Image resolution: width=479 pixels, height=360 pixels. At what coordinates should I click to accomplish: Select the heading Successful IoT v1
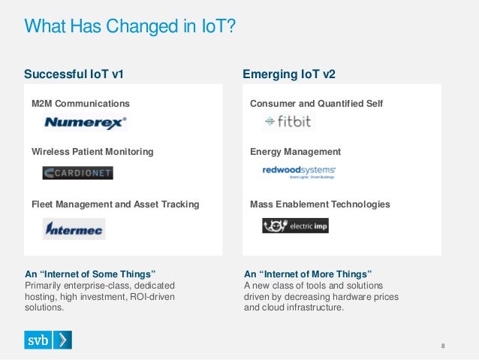point(74,74)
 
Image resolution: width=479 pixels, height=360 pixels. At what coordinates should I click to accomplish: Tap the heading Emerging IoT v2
point(289,74)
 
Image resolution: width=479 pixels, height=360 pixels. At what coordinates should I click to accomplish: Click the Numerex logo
point(86,122)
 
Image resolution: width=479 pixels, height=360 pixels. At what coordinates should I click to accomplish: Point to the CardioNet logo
point(77,173)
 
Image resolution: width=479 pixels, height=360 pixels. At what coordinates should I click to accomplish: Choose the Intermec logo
point(74,228)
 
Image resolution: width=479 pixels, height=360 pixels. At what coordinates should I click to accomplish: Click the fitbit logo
point(283,122)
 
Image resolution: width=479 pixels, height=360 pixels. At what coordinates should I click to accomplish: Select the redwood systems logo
point(299,173)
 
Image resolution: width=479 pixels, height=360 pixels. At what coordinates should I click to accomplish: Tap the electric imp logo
point(295,225)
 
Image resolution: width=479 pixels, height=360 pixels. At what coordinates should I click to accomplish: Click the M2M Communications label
point(80,103)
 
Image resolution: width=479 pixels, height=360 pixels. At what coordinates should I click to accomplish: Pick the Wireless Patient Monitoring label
point(92,151)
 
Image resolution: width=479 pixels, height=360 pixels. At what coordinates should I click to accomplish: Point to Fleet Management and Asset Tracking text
point(116,204)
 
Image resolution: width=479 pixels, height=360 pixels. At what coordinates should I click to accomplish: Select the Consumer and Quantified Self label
point(316,103)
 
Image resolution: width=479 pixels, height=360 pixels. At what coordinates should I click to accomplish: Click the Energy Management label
point(295,151)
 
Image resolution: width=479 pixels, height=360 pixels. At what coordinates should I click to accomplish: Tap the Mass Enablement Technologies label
point(320,204)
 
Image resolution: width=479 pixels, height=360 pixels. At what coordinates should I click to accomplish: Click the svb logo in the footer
point(48,340)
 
